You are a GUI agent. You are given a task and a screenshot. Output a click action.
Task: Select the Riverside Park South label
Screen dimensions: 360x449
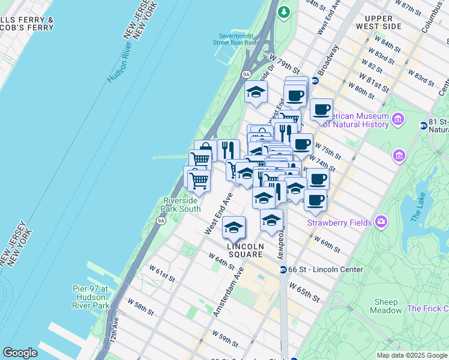[181, 205]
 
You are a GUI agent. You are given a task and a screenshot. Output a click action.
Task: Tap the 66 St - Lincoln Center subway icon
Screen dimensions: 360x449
[283, 269]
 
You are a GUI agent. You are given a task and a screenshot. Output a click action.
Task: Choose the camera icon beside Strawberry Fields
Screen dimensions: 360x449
[381, 223]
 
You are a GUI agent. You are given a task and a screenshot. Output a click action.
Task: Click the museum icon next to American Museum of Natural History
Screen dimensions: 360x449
[397, 120]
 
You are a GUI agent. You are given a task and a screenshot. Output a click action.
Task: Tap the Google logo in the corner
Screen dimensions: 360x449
[20, 353]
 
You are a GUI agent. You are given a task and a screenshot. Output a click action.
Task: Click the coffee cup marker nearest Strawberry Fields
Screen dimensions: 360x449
[315, 200]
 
